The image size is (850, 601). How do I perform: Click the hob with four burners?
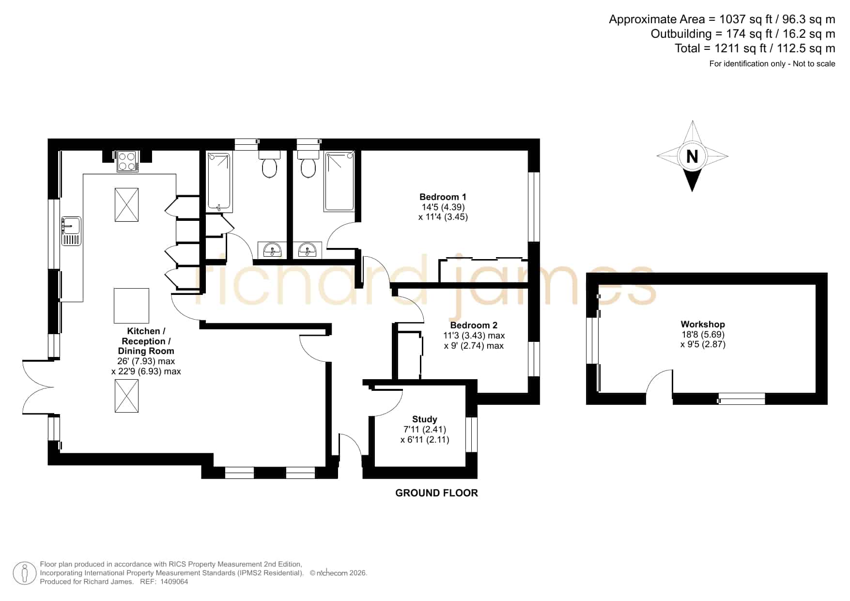click(127, 161)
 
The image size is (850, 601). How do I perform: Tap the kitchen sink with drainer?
click(71, 231)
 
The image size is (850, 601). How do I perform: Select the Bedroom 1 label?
click(443, 197)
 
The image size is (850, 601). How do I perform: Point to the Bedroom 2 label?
click(474, 325)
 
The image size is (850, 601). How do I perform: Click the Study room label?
click(425, 419)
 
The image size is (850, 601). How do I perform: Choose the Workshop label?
click(703, 324)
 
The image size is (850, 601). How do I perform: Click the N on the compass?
click(693, 156)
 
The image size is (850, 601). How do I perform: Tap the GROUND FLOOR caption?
click(436, 493)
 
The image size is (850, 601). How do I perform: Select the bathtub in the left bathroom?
click(220, 182)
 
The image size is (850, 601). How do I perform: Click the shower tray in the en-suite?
click(340, 181)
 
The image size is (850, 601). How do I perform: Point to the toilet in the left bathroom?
click(269, 163)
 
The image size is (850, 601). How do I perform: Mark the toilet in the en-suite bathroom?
click(308, 163)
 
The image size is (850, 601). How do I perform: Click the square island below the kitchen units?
click(131, 306)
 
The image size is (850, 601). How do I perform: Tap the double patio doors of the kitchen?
click(38, 387)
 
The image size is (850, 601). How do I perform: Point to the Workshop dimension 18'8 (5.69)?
click(703, 334)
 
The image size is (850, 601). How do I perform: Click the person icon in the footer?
click(24, 573)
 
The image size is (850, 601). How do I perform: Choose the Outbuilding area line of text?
click(742, 34)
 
